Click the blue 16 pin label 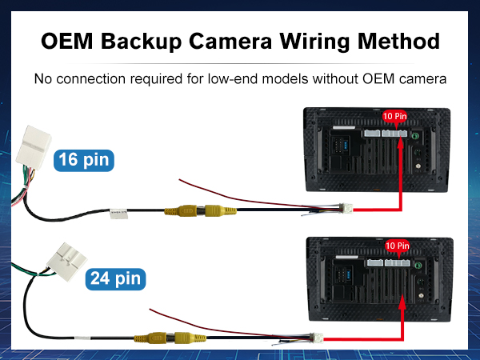coord(83,160)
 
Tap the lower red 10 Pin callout coord(397,245)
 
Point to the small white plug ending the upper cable coord(346,209)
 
